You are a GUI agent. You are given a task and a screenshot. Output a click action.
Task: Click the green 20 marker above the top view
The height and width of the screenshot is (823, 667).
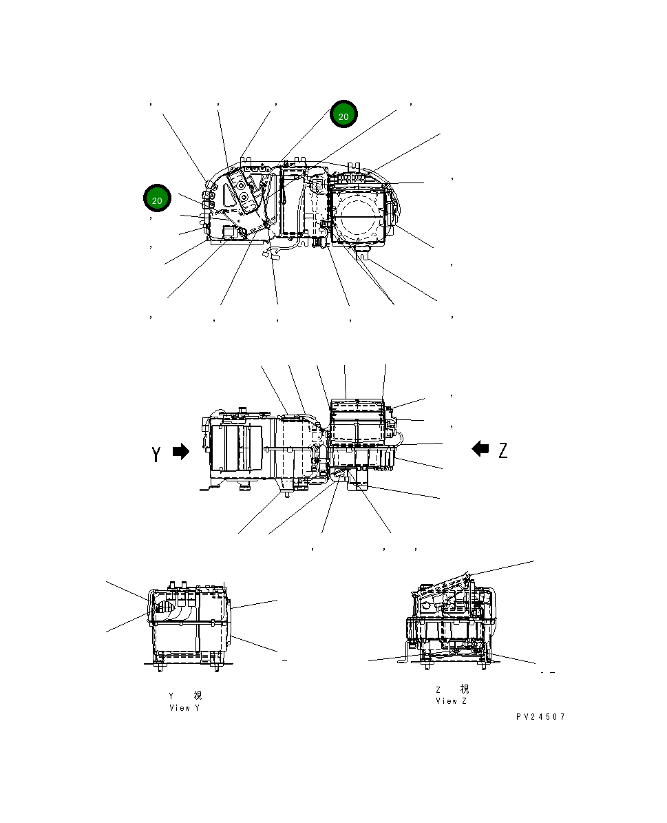(x=343, y=115)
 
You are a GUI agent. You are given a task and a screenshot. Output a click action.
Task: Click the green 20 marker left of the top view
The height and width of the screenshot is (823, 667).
(x=157, y=199)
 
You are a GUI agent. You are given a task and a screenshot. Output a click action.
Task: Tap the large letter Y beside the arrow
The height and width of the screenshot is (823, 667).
(x=157, y=453)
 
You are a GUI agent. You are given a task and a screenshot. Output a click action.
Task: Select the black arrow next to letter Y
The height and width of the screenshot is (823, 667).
(x=180, y=452)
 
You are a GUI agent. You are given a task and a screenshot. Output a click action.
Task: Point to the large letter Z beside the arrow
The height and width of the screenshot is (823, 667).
(x=503, y=450)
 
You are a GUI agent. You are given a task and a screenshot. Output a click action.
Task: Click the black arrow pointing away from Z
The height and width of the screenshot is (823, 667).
(x=480, y=449)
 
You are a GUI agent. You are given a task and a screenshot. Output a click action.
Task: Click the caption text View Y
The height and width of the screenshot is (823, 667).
(x=184, y=708)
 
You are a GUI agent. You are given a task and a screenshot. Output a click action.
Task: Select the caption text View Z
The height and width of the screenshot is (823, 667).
(x=451, y=701)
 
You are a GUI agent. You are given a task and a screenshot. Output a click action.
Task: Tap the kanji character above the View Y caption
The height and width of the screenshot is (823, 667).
(x=198, y=696)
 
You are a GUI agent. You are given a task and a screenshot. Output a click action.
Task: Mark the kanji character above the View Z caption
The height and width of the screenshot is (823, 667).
(x=465, y=689)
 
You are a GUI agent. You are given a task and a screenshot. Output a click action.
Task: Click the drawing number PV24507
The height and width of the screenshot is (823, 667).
(x=540, y=717)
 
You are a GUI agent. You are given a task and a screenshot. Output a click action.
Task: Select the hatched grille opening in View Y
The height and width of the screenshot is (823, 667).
(x=165, y=607)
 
